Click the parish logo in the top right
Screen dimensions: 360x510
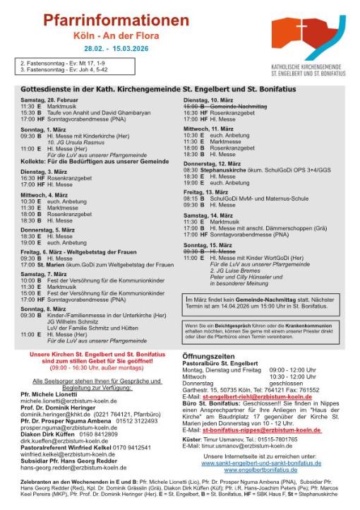click(x=308, y=42)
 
